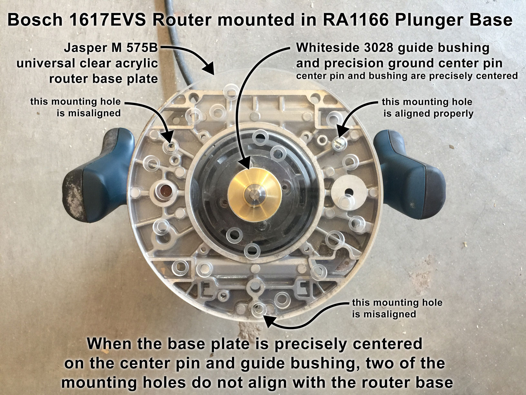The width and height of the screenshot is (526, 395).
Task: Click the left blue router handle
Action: pyautogui.click(x=99, y=175)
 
